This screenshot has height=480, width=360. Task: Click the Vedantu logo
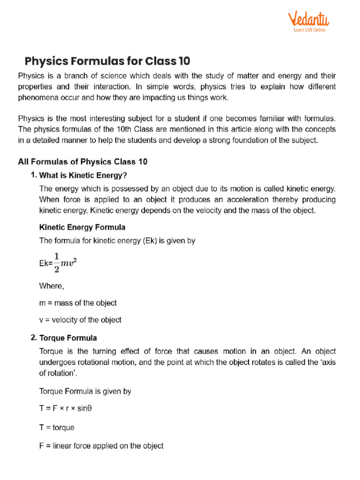(x=308, y=20)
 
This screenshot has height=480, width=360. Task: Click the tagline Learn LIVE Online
(x=309, y=30)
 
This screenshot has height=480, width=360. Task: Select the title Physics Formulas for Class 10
(x=107, y=61)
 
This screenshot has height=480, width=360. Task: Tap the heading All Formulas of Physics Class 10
(x=82, y=162)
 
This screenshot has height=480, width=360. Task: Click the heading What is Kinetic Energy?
(x=83, y=175)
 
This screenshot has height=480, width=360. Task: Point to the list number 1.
(x=33, y=175)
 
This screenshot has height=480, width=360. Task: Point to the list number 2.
(x=33, y=337)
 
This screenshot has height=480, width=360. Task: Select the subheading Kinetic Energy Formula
(x=82, y=227)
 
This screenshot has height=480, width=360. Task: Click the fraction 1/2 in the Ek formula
(x=57, y=262)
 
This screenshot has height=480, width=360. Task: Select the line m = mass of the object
(x=78, y=303)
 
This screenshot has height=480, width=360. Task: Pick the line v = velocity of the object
(x=80, y=320)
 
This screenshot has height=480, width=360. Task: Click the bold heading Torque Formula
(x=68, y=337)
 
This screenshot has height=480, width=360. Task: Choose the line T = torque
(x=57, y=427)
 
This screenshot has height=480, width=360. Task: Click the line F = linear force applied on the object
(x=101, y=446)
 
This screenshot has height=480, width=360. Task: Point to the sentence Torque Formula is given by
(x=85, y=390)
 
